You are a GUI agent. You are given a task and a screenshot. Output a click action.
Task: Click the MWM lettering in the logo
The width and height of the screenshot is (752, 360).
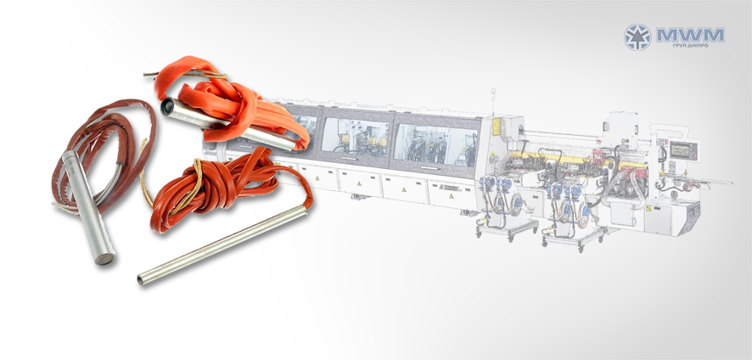coord(691,35)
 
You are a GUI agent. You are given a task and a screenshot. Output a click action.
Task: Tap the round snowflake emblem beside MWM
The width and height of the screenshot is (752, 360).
coord(637,37)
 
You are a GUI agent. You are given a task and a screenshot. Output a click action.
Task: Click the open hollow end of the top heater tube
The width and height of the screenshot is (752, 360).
coord(168,105)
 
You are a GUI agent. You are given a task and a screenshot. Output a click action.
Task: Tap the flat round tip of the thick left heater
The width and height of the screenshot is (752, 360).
coord(105,259)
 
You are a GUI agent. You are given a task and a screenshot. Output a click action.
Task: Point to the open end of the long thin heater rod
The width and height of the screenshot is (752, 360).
coord(141,279)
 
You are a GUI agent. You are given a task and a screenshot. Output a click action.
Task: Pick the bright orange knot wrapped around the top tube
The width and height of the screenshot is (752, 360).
coord(230,104)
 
